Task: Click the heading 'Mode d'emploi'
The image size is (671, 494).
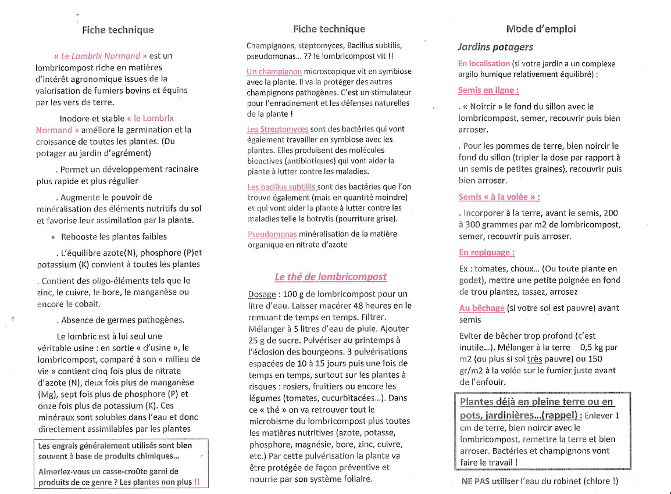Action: pos(541,29)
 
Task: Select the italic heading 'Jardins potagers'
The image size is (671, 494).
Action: pos(495,47)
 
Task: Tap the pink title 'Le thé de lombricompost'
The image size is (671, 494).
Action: pos(330,277)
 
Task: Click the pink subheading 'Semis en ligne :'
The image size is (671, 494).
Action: pos(488,90)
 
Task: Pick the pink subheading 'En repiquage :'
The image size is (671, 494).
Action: pos(486,252)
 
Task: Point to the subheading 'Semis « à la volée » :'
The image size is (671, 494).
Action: pos(499,197)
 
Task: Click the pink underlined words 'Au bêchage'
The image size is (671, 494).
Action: pos(481,308)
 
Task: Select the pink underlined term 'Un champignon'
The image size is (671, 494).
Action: pos(274,71)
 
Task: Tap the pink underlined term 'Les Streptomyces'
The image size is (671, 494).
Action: pos(277,129)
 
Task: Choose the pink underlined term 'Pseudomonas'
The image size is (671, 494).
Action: pos(272,234)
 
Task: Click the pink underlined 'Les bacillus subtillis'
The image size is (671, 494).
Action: pos(281,187)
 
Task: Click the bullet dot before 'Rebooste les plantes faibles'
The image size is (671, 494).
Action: pos(53,237)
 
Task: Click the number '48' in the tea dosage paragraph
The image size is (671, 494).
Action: pos(359,306)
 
